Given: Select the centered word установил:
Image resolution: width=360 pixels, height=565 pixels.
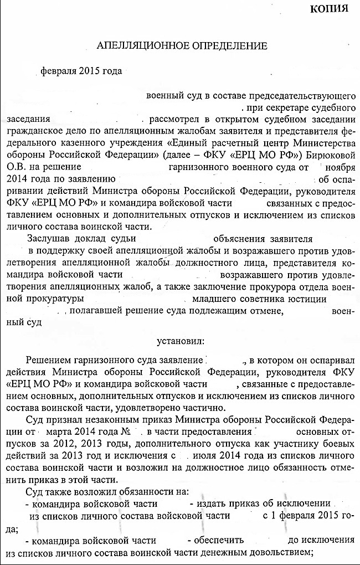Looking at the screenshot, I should [x=179, y=338].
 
